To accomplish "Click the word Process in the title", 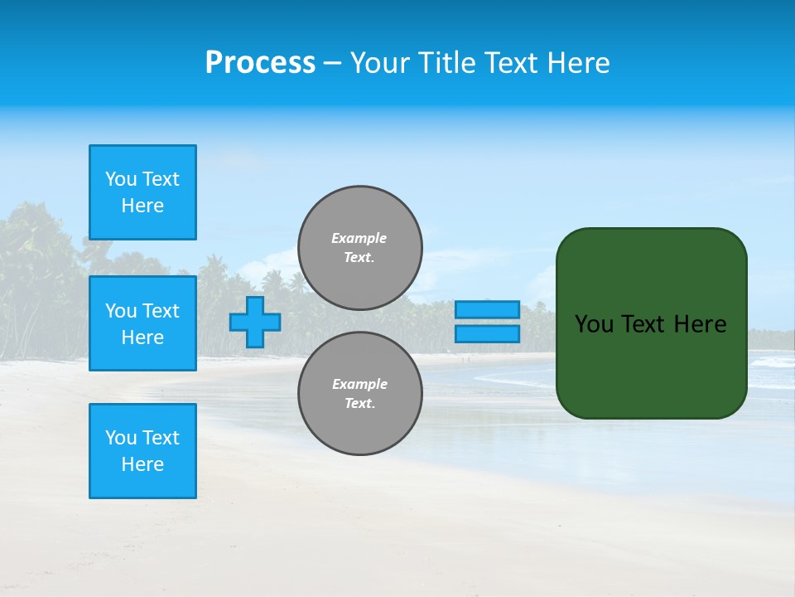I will [x=260, y=63].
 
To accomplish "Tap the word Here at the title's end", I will [x=577, y=63].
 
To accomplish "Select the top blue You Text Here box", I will [x=142, y=192].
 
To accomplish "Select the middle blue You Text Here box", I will [x=142, y=323].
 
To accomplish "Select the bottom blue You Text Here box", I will [x=142, y=450].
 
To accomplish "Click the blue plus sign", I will [x=255, y=322].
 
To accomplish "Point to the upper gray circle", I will [x=360, y=248].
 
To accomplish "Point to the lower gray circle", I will [x=360, y=394].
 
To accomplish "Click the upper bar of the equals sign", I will [x=488, y=310].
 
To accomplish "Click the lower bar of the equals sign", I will [x=488, y=334].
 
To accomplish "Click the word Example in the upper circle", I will [x=359, y=238].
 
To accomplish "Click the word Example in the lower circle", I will [x=359, y=384].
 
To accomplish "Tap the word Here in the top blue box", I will [x=142, y=206].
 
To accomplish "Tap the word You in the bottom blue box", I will [x=121, y=437].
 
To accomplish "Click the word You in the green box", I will [x=594, y=324].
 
